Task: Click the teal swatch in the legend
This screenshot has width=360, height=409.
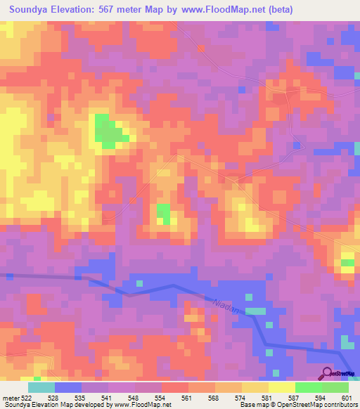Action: (41, 387)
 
